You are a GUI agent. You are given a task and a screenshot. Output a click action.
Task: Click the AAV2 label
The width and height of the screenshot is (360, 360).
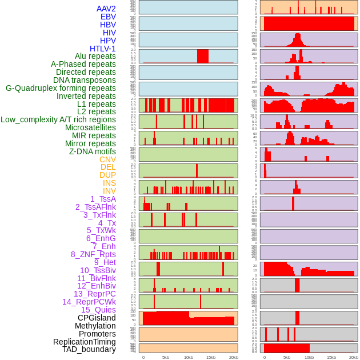pyautogui.click(x=106, y=9)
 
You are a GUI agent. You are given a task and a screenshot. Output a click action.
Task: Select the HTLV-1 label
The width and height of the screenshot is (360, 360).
pyautogui.click(x=103, y=49)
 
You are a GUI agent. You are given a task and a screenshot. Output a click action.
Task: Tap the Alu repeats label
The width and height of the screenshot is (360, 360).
pyautogui.click(x=95, y=57)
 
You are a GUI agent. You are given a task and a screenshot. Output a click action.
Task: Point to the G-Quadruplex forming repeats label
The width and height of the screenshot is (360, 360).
pyautogui.click(x=61, y=88)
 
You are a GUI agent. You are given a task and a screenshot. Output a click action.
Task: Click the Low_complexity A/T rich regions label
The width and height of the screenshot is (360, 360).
pyautogui.click(x=58, y=119)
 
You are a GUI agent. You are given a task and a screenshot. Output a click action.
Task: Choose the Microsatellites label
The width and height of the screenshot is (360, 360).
pyautogui.click(x=90, y=127)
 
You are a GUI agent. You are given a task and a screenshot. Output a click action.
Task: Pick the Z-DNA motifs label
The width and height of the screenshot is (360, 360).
pyautogui.click(x=93, y=151)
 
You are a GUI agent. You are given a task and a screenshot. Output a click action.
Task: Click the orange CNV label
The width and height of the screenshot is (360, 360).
pyautogui.click(x=107, y=159)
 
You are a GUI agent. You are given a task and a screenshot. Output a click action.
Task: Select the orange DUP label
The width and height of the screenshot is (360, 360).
pyautogui.click(x=107, y=175)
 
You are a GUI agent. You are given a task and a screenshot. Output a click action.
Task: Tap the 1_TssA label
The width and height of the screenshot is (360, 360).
pyautogui.click(x=103, y=199)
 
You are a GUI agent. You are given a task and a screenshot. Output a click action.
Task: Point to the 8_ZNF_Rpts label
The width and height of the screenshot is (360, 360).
pyautogui.click(x=93, y=254)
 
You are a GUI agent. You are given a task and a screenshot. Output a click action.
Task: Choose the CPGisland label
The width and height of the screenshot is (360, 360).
pyautogui.click(x=97, y=318)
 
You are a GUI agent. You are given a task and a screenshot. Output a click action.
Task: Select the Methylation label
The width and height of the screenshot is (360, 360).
pyautogui.click(x=95, y=326)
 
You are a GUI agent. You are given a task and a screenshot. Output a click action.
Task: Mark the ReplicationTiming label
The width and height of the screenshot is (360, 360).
pyautogui.click(x=85, y=342)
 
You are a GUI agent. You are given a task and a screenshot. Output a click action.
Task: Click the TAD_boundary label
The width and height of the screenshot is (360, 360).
pyautogui.click(x=89, y=349)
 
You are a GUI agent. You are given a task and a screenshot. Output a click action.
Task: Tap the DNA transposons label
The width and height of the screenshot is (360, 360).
pyautogui.click(x=85, y=80)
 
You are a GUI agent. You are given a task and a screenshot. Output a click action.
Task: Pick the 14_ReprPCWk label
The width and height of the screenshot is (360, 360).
pyautogui.click(x=89, y=302)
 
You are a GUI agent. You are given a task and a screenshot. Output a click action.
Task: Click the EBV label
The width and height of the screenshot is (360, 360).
pyautogui.click(x=108, y=17)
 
